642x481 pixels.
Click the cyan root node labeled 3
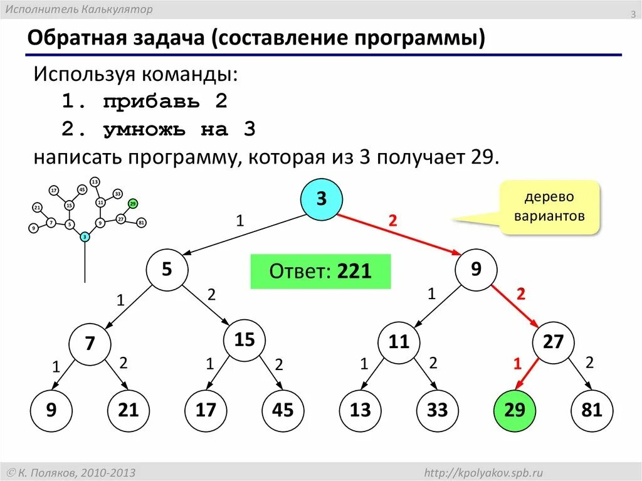[321, 199]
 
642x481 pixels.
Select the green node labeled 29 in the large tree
[514, 410]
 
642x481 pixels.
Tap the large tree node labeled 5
[166, 270]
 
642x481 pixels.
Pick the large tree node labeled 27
[553, 342]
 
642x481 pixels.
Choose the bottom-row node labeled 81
[591, 410]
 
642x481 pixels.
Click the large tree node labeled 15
[244, 341]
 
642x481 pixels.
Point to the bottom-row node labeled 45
[282, 410]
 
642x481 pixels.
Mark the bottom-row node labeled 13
[360, 410]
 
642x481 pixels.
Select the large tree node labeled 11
[398, 342]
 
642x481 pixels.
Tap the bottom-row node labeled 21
[128, 410]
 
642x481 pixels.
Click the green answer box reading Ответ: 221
[320, 272]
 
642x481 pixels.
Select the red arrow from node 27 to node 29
[527, 376]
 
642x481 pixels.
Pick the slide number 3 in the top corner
[633, 14]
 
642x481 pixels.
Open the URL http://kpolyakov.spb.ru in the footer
[483, 472]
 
